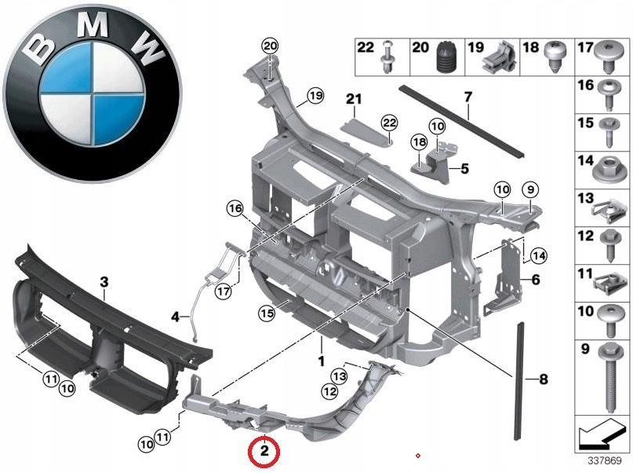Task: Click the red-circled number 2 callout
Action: coord(264,452)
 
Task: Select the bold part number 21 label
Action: coord(355,99)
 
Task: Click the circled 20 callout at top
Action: coord(270,46)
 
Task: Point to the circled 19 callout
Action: coord(315,96)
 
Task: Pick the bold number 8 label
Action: coord(543,379)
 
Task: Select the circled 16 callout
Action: coord(236,208)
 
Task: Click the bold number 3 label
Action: coord(104,280)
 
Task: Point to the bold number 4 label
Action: coord(175,317)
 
